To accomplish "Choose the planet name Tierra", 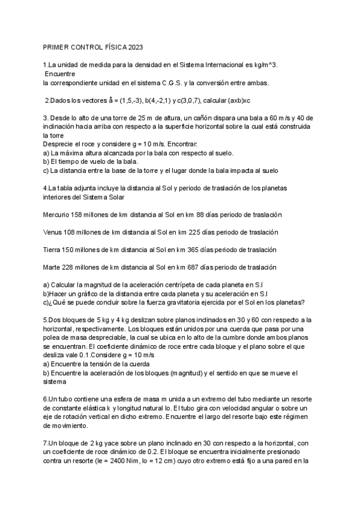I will click(55, 249).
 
